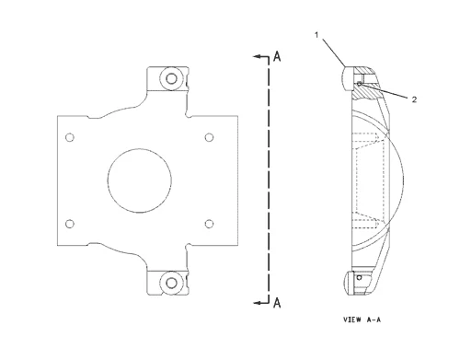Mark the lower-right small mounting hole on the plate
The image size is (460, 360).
coord(210,222)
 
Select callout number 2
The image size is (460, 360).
coord(414,99)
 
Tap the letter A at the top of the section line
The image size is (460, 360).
coord(275,57)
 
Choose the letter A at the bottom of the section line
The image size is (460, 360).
coord(275,301)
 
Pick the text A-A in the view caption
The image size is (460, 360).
coord(377,322)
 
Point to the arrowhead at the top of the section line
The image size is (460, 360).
coord(257,57)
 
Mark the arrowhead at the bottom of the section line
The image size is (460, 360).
coord(257,301)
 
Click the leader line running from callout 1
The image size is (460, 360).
coord(331,52)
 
